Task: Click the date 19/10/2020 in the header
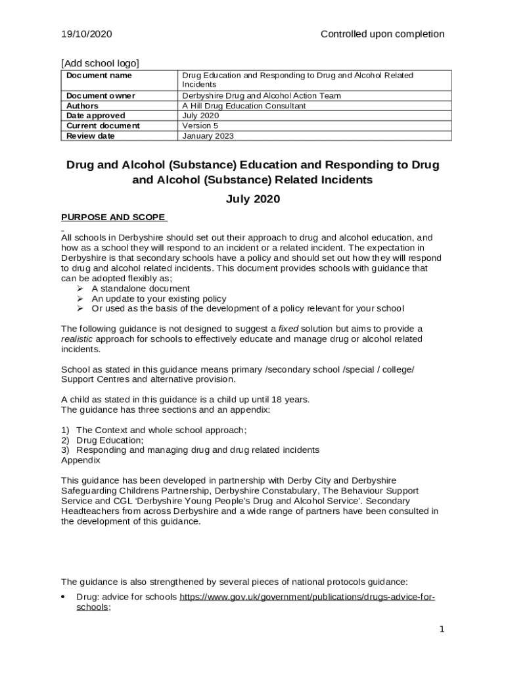click(87, 34)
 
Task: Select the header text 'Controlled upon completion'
click(382, 34)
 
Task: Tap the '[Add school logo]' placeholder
click(100, 63)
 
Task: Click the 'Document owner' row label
click(101, 96)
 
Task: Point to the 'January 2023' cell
click(208, 136)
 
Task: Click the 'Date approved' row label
click(96, 116)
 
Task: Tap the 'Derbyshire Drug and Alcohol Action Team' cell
click(262, 96)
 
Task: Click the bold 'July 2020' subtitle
click(252, 199)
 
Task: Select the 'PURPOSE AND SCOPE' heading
click(114, 218)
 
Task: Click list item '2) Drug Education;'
click(102, 440)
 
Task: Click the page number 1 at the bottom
click(442, 630)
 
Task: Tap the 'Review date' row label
click(91, 136)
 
